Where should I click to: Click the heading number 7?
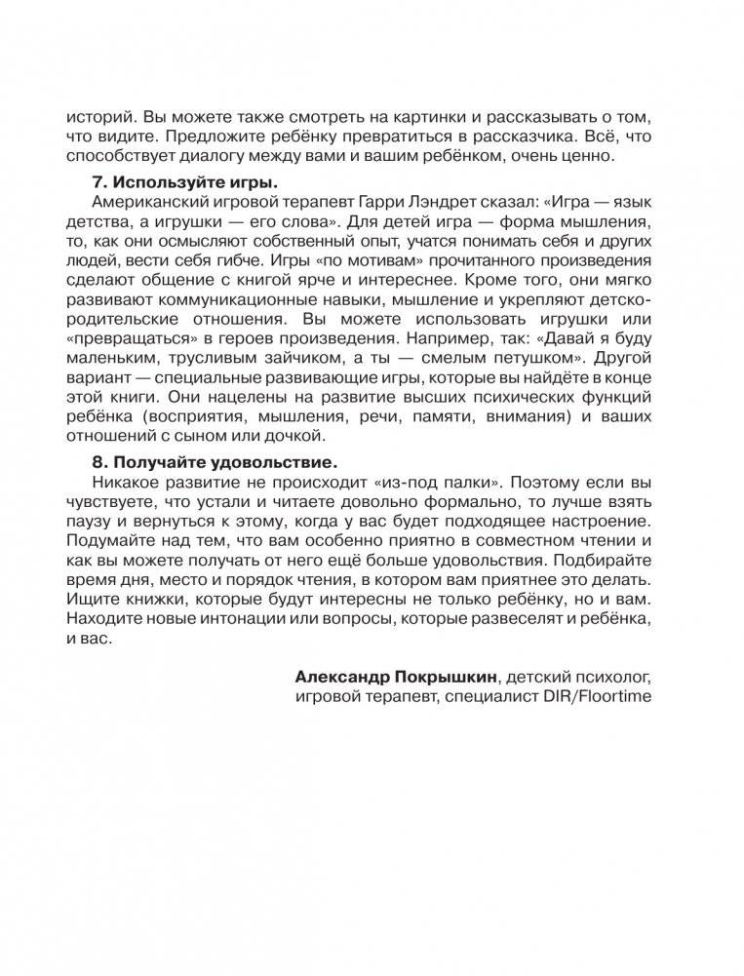[x=98, y=182]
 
